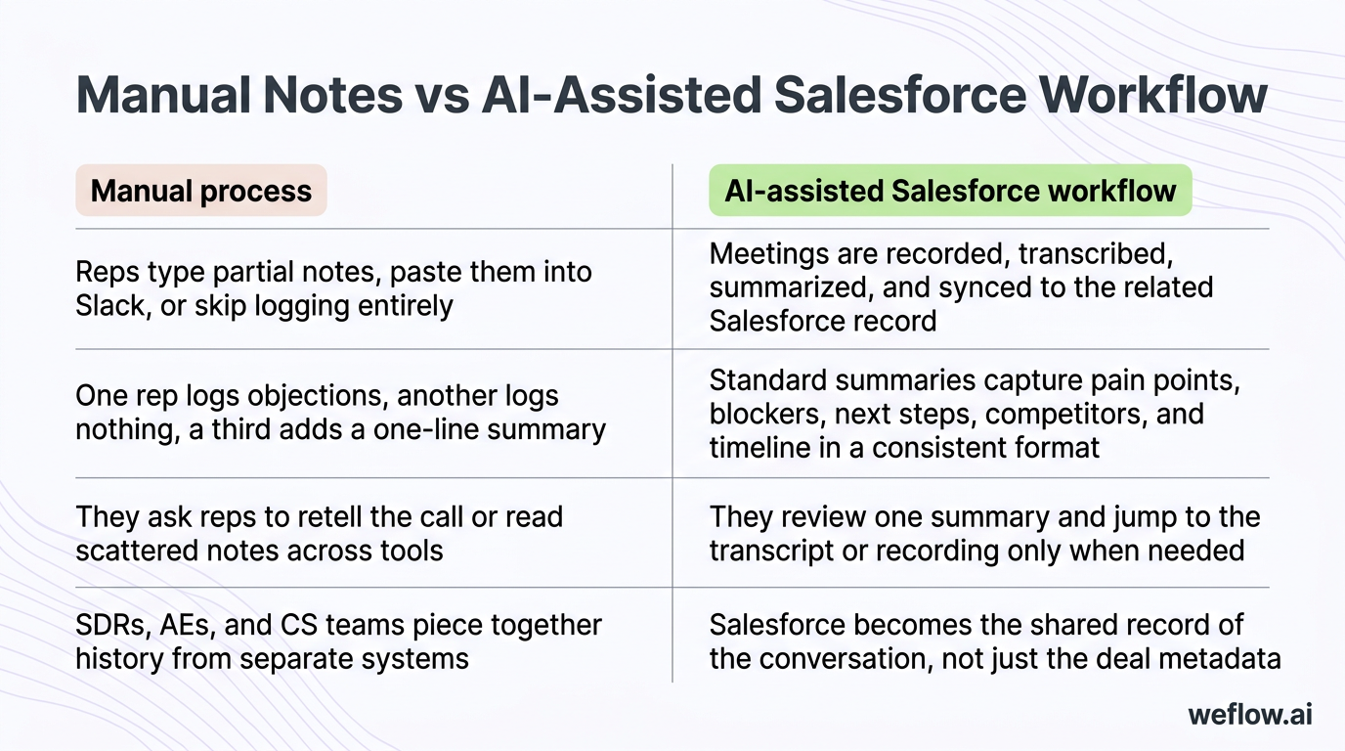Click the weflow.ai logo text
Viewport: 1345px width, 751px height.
(1249, 715)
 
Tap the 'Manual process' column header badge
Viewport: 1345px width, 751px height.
(200, 191)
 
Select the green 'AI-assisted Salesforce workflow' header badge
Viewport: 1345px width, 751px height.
(950, 191)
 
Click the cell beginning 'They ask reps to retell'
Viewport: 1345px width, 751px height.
(320, 533)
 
